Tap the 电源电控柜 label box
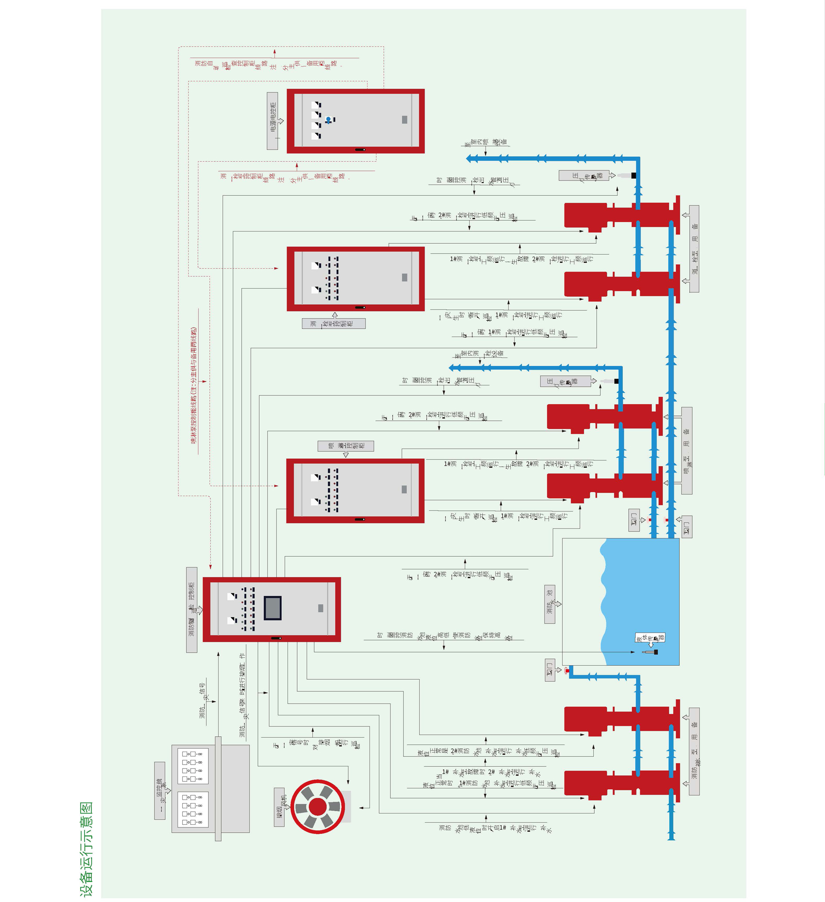pos(272,121)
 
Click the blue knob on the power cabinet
pos(329,119)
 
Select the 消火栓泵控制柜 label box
pos(333,323)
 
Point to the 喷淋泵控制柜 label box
pos(346,446)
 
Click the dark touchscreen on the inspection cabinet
pos(273,608)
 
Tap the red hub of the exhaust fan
pos(317,807)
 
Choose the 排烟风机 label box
pos(279,807)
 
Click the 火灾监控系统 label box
pos(160,790)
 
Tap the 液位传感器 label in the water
pos(650,637)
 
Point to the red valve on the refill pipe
pos(567,670)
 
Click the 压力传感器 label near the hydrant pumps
pos(584,175)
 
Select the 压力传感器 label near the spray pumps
pos(565,381)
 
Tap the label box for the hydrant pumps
pos(694,249)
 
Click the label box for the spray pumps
pos(687,450)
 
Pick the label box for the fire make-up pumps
pos(694,751)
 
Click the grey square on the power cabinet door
pos(405,119)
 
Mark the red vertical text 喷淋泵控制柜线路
pos(194,385)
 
